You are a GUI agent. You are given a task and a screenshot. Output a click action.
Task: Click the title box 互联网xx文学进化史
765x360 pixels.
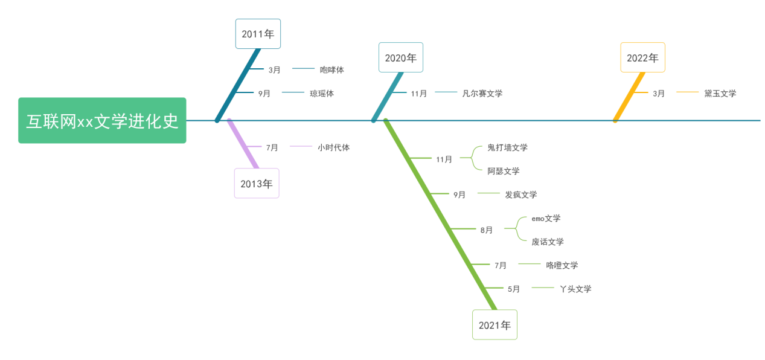click(102, 121)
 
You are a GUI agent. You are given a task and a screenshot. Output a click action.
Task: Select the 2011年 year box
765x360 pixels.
click(258, 34)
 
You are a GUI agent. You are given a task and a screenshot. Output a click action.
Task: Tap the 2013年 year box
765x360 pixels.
click(257, 184)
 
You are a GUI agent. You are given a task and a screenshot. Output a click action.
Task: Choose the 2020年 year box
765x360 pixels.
click(400, 57)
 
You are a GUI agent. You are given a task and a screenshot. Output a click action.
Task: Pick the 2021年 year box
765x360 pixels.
click(495, 325)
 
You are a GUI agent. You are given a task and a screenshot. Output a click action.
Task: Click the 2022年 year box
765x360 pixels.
click(642, 57)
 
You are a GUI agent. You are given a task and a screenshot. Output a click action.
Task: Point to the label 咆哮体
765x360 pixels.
click(332, 69)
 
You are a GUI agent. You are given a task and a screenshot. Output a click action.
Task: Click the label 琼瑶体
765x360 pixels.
click(322, 93)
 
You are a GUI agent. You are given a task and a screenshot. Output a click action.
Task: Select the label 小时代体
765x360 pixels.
click(334, 147)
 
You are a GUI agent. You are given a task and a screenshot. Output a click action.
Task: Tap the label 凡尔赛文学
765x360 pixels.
click(482, 93)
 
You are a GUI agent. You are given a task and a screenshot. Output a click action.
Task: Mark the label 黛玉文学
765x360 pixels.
click(720, 93)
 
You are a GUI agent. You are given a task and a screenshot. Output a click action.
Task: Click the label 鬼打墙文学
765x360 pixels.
click(507, 147)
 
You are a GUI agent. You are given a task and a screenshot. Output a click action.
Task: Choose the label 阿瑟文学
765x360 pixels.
click(504, 171)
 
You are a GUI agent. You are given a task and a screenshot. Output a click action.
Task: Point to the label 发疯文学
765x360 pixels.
click(521, 194)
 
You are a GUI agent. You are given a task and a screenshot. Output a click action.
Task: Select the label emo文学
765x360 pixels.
click(546, 218)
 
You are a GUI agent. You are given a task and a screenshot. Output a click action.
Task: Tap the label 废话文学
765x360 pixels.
click(548, 242)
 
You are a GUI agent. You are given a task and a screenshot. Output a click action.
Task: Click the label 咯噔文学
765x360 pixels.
click(562, 265)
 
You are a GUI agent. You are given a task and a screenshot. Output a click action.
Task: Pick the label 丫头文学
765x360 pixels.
click(575, 289)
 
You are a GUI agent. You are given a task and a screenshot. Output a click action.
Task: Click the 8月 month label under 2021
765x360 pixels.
click(486, 230)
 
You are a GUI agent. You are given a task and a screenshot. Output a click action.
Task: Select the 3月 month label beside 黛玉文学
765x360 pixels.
click(659, 93)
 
